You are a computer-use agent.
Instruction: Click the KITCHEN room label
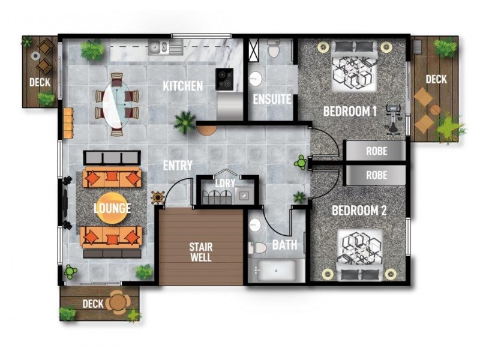[x=183, y=86]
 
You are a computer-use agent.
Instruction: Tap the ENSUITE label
[x=272, y=99]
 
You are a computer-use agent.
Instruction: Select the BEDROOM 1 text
[x=350, y=111]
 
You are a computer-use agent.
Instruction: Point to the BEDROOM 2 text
[x=359, y=211]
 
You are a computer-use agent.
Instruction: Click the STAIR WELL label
[x=200, y=252]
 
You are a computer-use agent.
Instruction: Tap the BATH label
[x=284, y=245]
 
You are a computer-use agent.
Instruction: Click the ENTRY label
[x=178, y=165]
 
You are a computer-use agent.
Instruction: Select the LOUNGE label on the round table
[x=112, y=208]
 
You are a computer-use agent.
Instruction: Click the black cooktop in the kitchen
[x=225, y=79]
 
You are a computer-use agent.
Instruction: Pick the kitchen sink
[x=159, y=46]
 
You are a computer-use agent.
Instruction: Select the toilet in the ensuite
[x=274, y=49]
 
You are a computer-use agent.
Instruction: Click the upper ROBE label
[x=376, y=151]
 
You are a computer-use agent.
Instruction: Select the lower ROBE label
[x=376, y=176]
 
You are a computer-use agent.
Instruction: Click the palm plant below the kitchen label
[x=184, y=122]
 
